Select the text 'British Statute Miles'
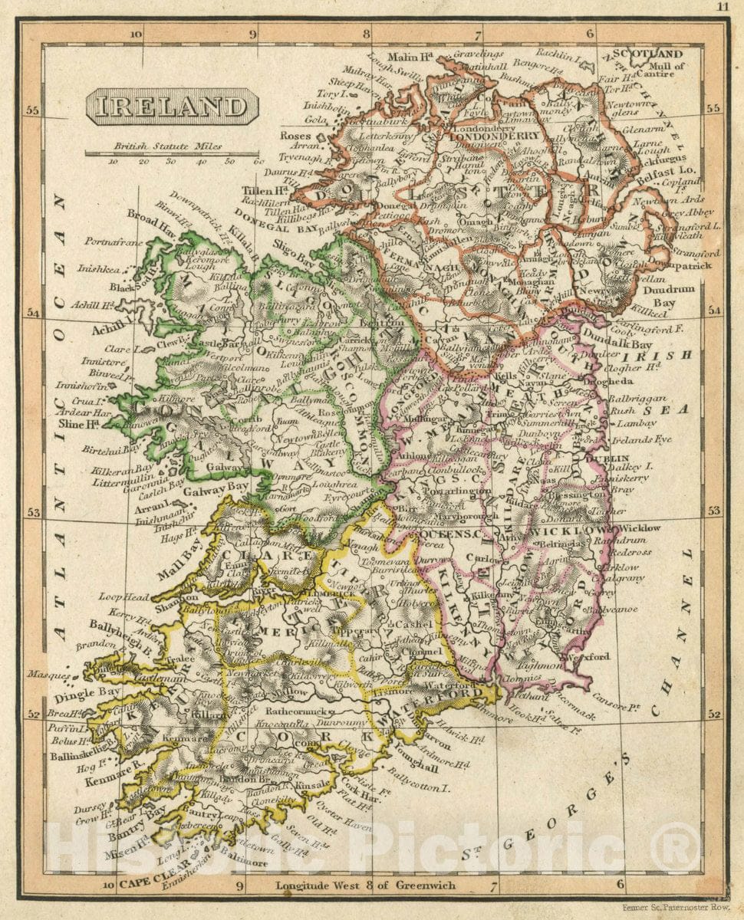(x=166, y=146)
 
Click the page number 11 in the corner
(x=723, y=6)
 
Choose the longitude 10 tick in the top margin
(x=136, y=33)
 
